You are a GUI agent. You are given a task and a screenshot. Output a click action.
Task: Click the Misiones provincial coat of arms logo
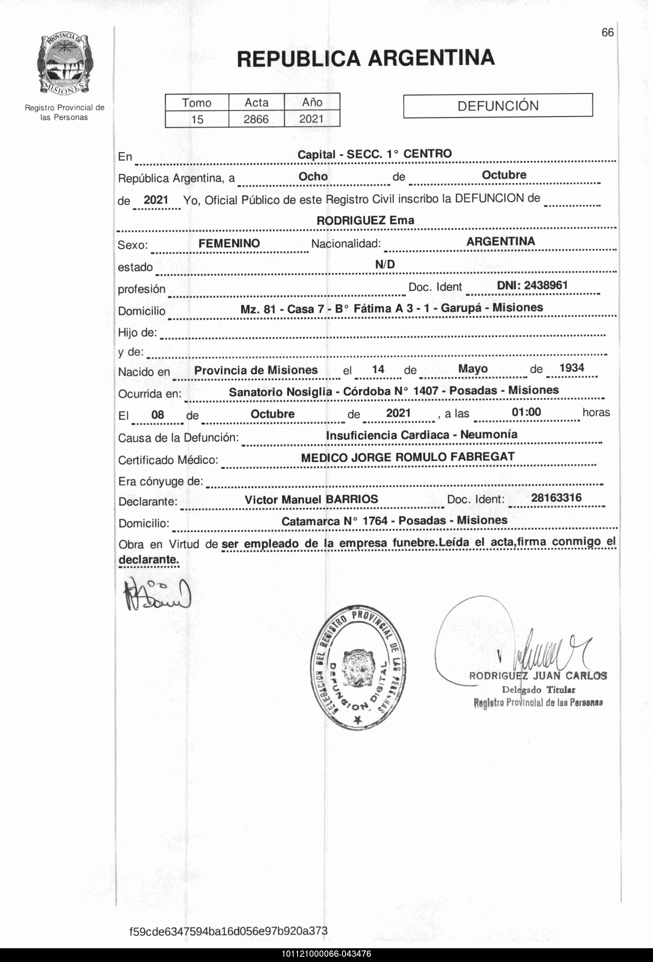65,65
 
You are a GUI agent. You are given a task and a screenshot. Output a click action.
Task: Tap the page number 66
607,33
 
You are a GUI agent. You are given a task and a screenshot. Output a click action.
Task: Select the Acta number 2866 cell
256,119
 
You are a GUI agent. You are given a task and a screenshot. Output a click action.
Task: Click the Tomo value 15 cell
197,119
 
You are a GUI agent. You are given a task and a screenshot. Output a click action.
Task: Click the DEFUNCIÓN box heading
498,106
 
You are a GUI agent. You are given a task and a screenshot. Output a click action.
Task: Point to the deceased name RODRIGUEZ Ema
365,220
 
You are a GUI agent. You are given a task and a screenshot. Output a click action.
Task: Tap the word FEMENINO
229,243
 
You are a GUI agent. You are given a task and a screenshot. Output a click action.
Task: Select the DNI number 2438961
532,286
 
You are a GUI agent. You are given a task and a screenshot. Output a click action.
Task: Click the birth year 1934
572,368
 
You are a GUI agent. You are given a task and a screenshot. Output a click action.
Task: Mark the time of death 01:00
526,412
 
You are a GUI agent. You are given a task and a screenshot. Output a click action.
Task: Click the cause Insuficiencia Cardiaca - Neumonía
422,435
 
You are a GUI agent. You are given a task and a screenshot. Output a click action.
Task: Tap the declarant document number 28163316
556,498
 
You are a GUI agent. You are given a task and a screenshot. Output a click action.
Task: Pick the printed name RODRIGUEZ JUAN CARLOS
538,676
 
